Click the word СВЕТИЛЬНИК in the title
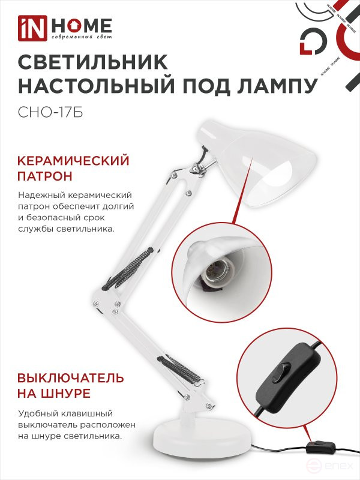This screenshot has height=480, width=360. pyautogui.click(x=94, y=62)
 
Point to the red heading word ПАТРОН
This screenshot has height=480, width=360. pyautogui.click(x=46, y=177)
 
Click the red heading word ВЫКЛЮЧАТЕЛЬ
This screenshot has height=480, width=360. pyautogui.click(x=71, y=378)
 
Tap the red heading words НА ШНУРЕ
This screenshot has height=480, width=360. pyautogui.click(x=54, y=394)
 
